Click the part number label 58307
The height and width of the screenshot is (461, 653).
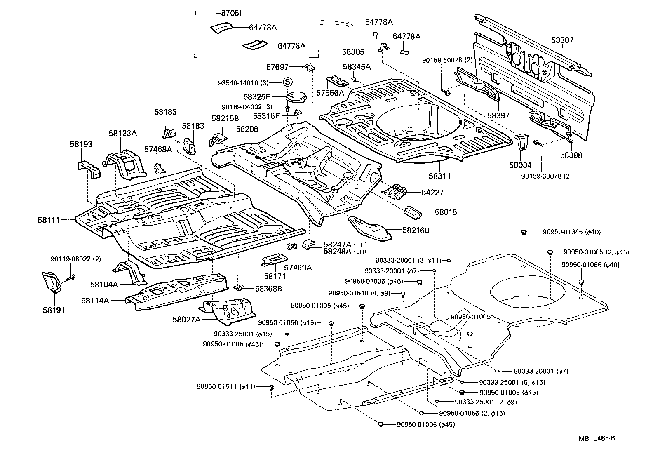(x=562, y=40)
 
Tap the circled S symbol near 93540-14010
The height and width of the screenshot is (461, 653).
(x=287, y=82)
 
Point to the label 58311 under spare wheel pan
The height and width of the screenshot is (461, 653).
(x=439, y=176)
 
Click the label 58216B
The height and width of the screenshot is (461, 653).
(x=416, y=230)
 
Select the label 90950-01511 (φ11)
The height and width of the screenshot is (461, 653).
(x=226, y=386)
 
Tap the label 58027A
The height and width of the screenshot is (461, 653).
(x=186, y=319)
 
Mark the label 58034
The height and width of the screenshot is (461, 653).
(x=520, y=165)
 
